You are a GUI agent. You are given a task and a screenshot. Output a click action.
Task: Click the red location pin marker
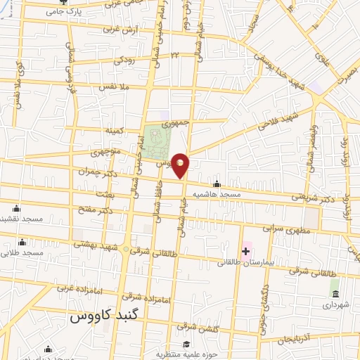(181, 165)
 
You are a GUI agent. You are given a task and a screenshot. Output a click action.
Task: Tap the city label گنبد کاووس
(105, 317)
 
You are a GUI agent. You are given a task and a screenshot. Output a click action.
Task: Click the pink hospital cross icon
(246, 251)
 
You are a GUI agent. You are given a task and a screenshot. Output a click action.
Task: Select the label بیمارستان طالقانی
(266, 262)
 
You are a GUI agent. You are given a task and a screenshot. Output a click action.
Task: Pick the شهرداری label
(334, 305)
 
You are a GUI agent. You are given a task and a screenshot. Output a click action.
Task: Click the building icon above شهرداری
(335, 293)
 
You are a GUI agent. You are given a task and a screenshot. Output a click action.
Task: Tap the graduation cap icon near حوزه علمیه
(186, 344)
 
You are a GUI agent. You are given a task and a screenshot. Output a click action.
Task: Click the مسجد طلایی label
(22, 251)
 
